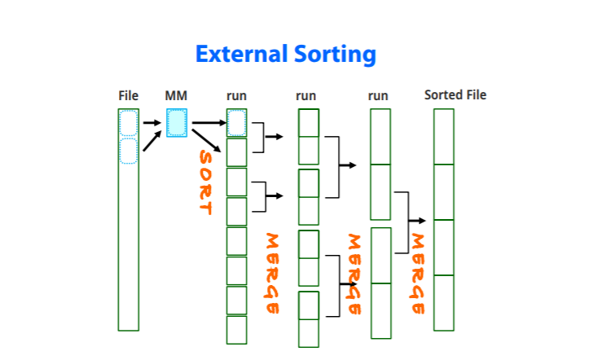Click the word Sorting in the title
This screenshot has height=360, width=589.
pos(334,55)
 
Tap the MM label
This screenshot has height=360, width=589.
pos(176,96)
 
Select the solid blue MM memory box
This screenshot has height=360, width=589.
pos(177,123)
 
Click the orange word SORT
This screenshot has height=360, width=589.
pos(205,182)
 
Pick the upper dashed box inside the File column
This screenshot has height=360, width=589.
pos(129,123)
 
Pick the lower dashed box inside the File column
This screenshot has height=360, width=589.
pos(129,151)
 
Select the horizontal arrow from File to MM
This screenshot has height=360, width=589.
pos(152,124)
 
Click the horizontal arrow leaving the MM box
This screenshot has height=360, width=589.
pos(208,123)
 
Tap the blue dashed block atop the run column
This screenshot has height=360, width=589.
pos(236,123)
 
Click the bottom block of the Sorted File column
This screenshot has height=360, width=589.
pos(443,303)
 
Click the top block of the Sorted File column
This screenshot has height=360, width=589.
pos(443,137)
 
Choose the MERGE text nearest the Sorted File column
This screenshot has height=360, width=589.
pos(418,274)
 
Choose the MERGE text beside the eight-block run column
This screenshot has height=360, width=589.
pos(273,274)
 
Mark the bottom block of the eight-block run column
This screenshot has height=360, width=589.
pos(236,330)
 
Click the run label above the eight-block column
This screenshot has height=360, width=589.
pos(236,96)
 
